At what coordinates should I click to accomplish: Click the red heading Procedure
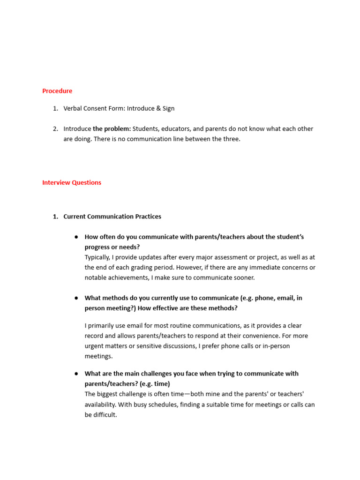click(x=57, y=91)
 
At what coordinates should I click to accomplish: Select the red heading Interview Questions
click(x=72, y=182)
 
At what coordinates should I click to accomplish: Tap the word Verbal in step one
click(x=73, y=108)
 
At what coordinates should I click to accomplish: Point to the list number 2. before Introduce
click(x=55, y=128)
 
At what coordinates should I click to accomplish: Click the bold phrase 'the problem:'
click(x=112, y=128)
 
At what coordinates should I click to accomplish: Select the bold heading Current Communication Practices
click(x=112, y=217)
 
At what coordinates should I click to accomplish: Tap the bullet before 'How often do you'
click(x=76, y=237)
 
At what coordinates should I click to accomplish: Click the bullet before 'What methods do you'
click(x=76, y=298)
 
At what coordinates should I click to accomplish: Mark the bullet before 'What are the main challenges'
click(x=76, y=374)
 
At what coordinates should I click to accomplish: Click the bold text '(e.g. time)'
click(x=155, y=384)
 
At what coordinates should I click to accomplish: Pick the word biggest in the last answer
click(x=108, y=394)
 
